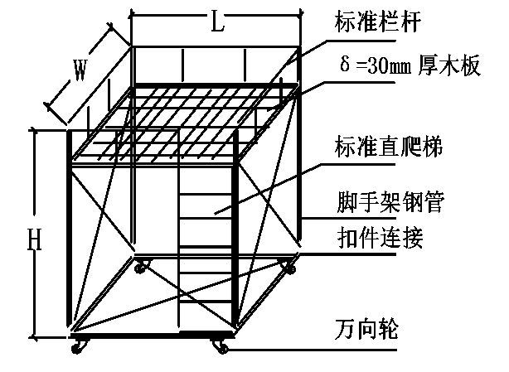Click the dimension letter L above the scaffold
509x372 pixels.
click(217, 23)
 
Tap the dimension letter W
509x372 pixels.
click(80, 71)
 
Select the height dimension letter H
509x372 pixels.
click(34, 240)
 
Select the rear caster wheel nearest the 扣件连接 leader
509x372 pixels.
click(290, 267)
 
